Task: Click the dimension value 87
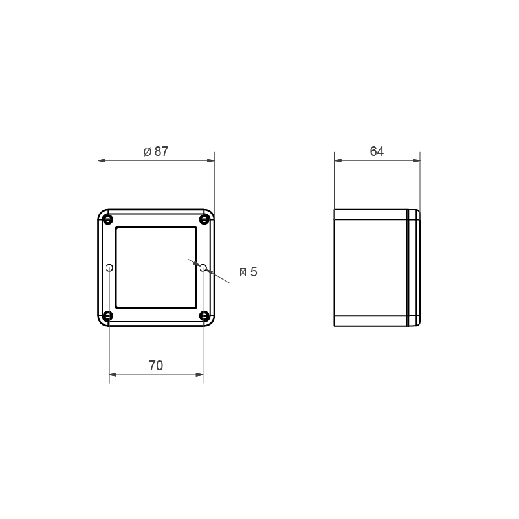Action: pos(162,151)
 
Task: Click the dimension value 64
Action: pos(377,151)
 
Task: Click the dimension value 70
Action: pos(156,366)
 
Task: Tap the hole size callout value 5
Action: pos(254,272)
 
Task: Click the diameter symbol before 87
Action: pos(148,152)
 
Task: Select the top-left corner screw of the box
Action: pos(107,219)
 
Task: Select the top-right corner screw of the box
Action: pos(204,219)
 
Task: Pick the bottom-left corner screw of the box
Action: pos(107,316)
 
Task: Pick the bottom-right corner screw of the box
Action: pos(204,316)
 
